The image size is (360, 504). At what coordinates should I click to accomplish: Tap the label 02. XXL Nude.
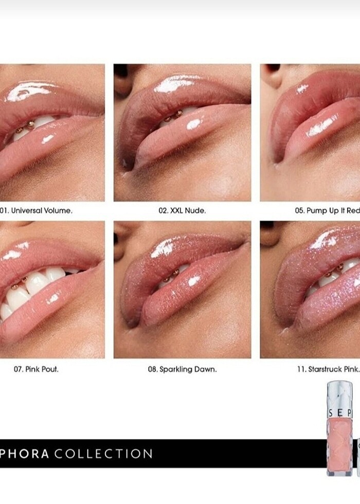[x=182, y=210]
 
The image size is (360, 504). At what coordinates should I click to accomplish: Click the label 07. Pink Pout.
[x=36, y=369]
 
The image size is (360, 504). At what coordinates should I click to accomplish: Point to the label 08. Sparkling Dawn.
[x=182, y=369]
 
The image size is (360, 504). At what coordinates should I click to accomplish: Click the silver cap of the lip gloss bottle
[x=339, y=394]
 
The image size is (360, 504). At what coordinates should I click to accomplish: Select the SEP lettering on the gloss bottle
[x=340, y=413]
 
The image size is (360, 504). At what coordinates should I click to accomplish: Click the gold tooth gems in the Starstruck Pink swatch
[x=335, y=269]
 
